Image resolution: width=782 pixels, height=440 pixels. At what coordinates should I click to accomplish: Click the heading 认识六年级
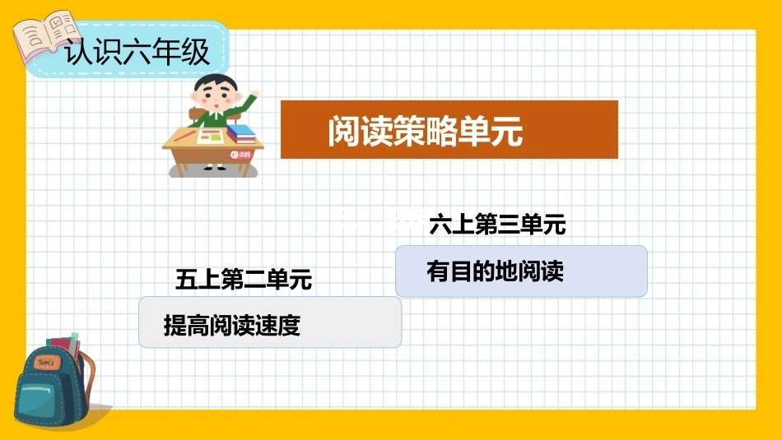coord(137,52)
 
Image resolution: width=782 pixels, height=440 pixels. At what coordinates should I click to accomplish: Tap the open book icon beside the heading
coord(46,35)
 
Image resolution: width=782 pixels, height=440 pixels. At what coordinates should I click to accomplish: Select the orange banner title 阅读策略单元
coord(426,131)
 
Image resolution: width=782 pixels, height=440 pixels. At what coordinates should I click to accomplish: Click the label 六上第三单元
coord(497,224)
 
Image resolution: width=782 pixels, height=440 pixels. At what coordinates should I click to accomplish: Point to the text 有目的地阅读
coord(496,271)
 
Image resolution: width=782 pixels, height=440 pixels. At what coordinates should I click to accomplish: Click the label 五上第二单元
coord(244,279)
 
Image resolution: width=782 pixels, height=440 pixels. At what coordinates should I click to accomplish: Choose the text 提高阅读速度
coord(232,326)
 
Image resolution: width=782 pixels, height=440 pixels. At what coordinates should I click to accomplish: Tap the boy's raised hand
coord(255,93)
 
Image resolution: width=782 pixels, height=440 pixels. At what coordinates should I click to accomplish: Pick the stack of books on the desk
coord(241,133)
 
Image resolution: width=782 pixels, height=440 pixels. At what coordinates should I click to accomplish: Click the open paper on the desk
coord(210,136)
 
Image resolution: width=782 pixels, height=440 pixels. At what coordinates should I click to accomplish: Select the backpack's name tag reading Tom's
coord(47,363)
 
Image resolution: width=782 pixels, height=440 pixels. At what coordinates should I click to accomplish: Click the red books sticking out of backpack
coord(63,345)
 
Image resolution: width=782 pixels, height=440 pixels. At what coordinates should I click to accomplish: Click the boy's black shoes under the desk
coord(215,168)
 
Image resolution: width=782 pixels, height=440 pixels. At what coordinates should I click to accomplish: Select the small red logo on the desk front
coord(240,155)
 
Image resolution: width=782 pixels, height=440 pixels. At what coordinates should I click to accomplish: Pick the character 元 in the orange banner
coord(507,131)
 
